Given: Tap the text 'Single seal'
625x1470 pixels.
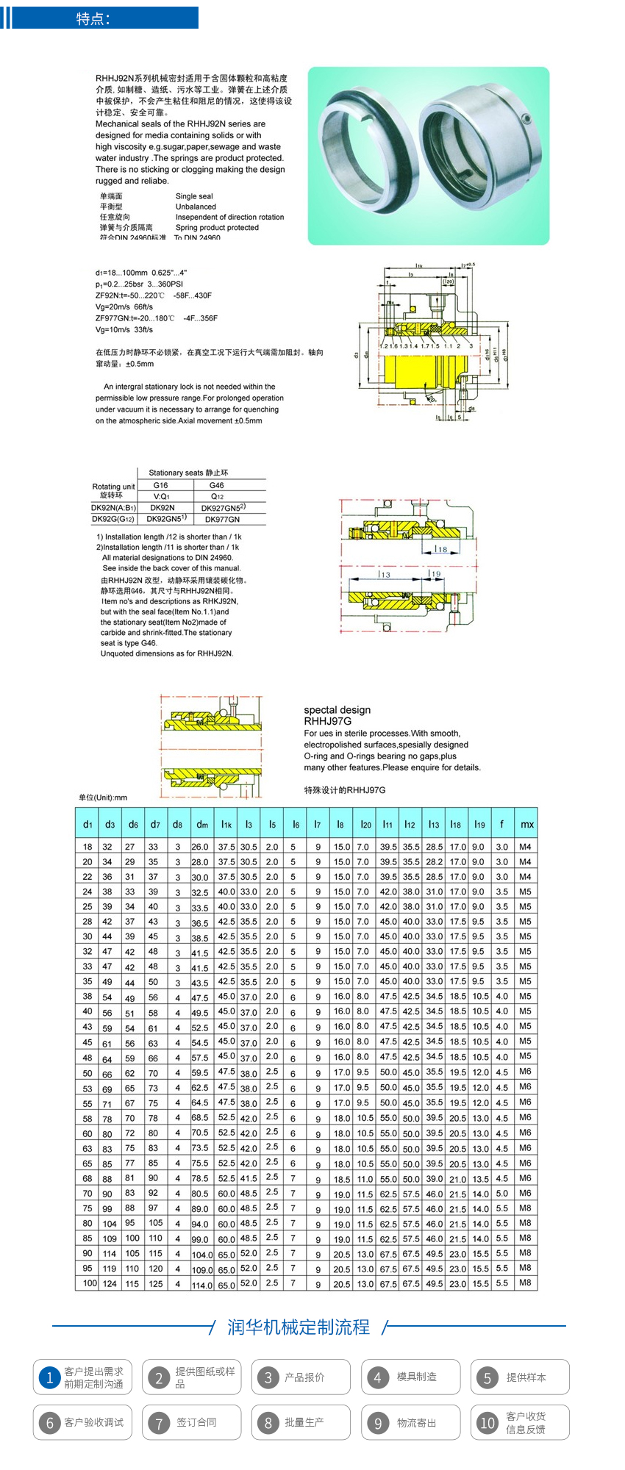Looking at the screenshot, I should pyautogui.click(x=194, y=196).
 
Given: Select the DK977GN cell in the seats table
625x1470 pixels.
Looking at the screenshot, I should pyautogui.click(x=222, y=519).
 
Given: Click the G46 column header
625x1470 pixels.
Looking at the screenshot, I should pyautogui.click(x=216, y=485).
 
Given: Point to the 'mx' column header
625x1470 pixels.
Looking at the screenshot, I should pyautogui.click(x=526, y=824).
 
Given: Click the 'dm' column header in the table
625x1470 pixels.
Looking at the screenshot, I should pyautogui.click(x=201, y=824).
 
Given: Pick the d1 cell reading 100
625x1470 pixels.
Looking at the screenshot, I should pyautogui.click(x=90, y=1283).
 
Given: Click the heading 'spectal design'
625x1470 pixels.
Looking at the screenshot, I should pyautogui.click(x=337, y=710).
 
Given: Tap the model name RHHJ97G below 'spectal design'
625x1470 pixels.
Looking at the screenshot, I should pyautogui.click(x=327, y=721).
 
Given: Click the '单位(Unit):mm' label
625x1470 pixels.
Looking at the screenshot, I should pyautogui.click(x=103, y=797).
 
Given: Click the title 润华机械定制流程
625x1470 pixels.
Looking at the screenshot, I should pyautogui.click(x=299, y=1327).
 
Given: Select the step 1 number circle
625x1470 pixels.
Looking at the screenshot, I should pyautogui.click(x=49, y=1377).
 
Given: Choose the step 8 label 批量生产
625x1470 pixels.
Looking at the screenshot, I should pyautogui.click(x=304, y=1422).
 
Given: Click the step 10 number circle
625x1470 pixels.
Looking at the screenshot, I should pyautogui.click(x=487, y=1423).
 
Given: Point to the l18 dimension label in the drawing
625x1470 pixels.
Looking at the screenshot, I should pyautogui.click(x=440, y=548).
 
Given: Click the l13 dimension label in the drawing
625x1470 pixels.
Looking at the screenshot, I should pyautogui.click(x=385, y=574).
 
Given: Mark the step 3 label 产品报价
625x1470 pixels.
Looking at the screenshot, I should pyautogui.click(x=304, y=1377).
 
